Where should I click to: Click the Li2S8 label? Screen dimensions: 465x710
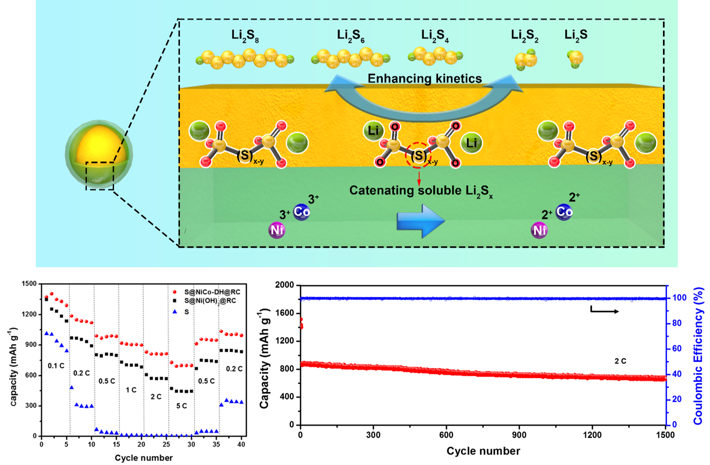pos(245,36)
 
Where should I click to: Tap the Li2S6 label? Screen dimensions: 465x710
pos(351,36)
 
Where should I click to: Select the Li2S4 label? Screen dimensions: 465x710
pos(435,36)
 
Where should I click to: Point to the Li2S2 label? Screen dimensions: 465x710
pos(524,36)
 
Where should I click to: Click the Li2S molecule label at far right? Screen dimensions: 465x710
pos(576,35)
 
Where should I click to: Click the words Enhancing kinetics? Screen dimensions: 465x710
pos(425,79)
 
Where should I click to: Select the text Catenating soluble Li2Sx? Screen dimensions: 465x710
pos(421,191)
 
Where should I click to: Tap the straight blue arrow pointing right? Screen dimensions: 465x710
pos(421,221)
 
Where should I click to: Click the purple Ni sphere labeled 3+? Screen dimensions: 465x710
pos(277,230)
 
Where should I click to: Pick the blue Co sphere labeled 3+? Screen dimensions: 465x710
pos(302,212)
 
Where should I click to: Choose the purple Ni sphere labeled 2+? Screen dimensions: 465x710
pos(539,230)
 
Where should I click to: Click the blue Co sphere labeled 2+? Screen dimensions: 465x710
pos(564,211)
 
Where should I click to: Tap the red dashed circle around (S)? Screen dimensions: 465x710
pos(419,155)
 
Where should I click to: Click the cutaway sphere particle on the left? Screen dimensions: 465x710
pos(99,155)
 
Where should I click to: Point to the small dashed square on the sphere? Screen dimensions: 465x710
pos(100,176)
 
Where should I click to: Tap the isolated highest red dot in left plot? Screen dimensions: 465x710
pos(175,292)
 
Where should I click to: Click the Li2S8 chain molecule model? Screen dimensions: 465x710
pos(245,59)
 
